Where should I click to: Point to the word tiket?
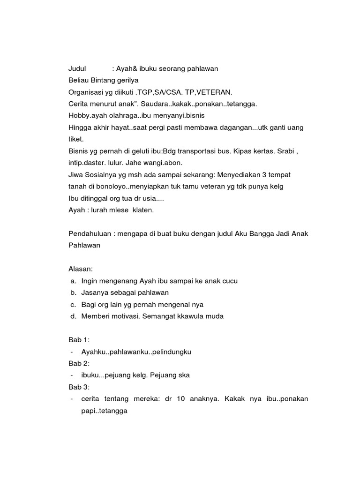tap(76, 139)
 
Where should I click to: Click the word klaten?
tap(142, 210)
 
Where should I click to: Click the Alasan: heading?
tap(81, 269)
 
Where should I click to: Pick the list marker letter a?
tap(73, 281)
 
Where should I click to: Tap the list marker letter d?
tap(73, 316)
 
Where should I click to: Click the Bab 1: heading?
tap(79, 340)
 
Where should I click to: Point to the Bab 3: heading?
tap(79, 387)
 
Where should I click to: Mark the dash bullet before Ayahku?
tap(71, 352)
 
